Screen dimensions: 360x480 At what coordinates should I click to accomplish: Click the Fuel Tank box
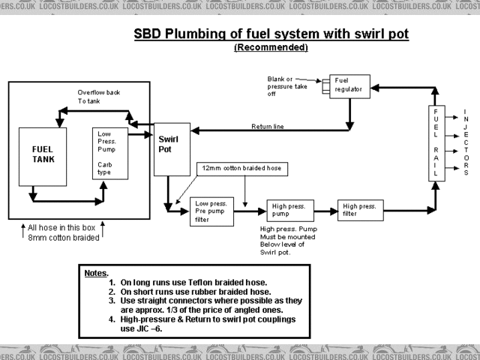click(x=43, y=157)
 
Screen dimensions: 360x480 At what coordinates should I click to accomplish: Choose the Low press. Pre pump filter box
click(x=212, y=211)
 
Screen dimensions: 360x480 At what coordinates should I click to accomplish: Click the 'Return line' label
click(x=267, y=127)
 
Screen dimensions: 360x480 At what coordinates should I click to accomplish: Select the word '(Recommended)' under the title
click(x=271, y=47)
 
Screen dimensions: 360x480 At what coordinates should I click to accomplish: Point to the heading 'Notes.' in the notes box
click(x=97, y=273)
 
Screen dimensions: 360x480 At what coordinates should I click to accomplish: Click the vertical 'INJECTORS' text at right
click(x=466, y=142)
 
